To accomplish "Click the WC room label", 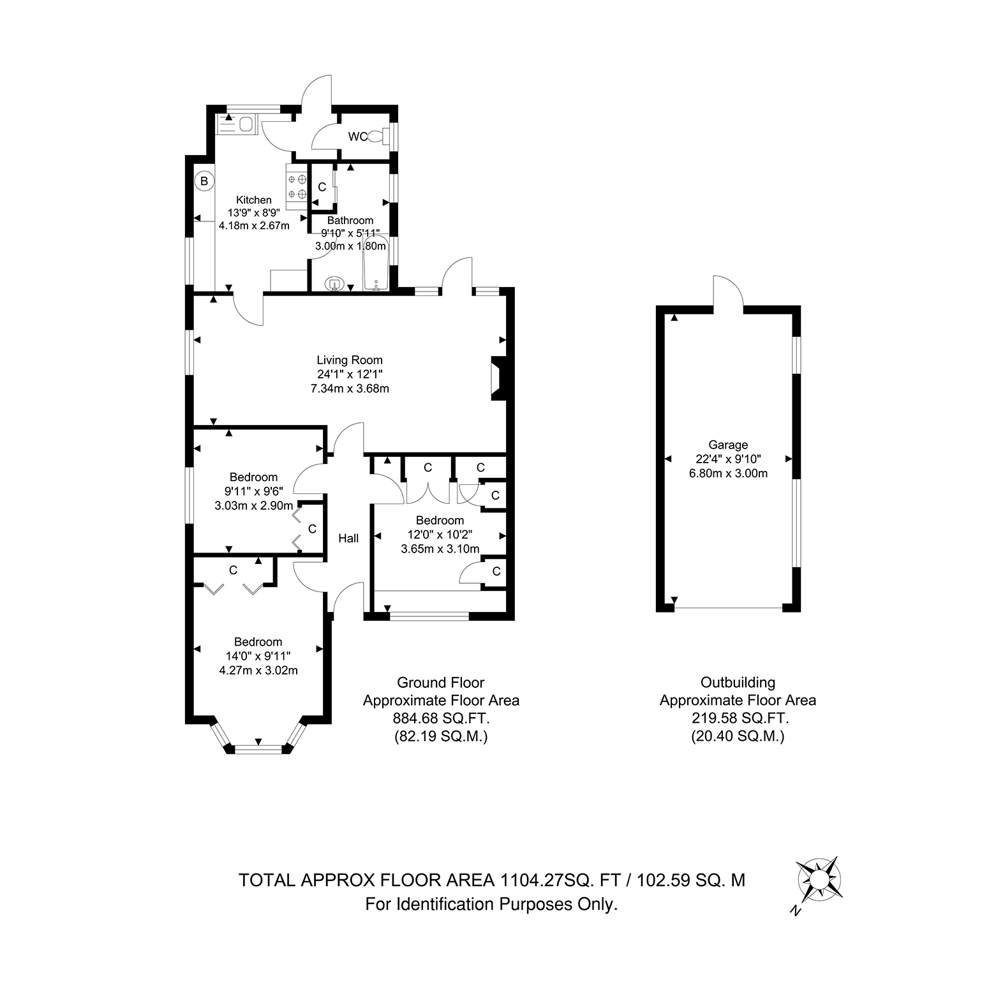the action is coord(357,137).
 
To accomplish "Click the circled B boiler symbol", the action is coord(204,181).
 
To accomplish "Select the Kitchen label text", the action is coord(254,200).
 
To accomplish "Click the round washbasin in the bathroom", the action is coord(336,283).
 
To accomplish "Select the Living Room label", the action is coord(350,360).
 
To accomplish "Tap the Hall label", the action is coord(348,538).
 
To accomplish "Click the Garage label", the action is coord(728,445).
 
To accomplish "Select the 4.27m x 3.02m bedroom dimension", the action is coord(258,671).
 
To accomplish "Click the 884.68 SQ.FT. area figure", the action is coord(441,718).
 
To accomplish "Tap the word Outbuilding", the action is coord(738,683).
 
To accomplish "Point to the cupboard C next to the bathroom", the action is coord(322,187).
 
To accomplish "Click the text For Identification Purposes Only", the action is coord(491,904).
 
